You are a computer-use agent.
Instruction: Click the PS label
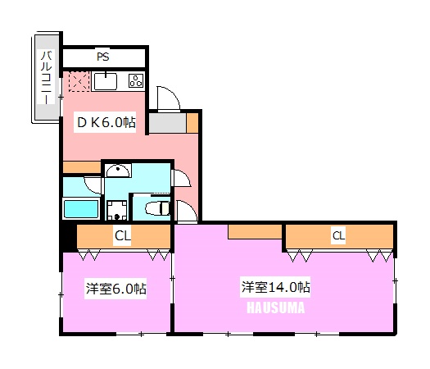tap(103, 57)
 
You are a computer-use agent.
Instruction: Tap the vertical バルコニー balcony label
tap(46, 78)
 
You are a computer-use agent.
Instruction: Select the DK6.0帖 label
tap(106, 122)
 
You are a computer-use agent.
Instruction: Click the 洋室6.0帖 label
tap(116, 289)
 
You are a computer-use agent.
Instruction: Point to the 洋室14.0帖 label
tap(275, 287)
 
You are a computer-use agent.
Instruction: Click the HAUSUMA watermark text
tap(276, 307)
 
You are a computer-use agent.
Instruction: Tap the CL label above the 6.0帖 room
tap(123, 235)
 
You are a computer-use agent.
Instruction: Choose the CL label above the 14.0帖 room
tap(338, 235)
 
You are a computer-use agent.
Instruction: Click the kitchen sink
tap(106, 81)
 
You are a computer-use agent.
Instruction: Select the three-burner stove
tap(136, 80)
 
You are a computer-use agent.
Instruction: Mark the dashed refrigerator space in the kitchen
tap(79, 81)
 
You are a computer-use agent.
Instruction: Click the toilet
tap(157, 208)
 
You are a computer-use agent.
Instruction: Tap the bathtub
tap(81, 209)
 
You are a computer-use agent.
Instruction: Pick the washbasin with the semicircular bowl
tap(117, 171)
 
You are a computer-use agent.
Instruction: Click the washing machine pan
tap(117, 210)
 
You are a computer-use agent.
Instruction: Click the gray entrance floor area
tap(168, 123)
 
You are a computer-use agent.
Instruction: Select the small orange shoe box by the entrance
tap(192, 123)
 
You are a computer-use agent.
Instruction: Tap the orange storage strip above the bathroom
tap(82, 167)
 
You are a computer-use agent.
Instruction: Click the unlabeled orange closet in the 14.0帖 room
tap(255, 232)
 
